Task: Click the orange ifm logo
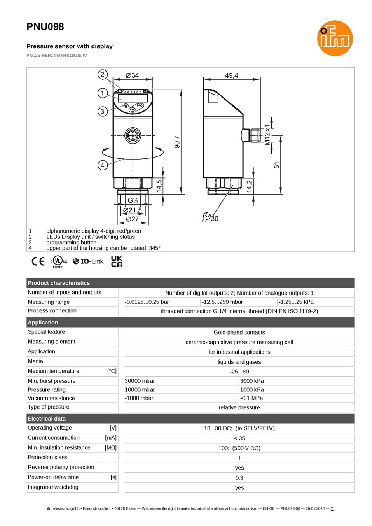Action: click(335, 38)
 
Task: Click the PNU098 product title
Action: click(45, 26)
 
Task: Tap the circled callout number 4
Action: click(103, 165)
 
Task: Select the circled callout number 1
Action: click(103, 93)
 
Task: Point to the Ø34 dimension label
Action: click(132, 75)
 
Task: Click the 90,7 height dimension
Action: click(177, 142)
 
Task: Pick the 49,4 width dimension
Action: click(231, 75)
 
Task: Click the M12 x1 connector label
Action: click(267, 135)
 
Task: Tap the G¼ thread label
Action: click(133, 200)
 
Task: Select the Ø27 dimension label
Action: click(132, 219)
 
